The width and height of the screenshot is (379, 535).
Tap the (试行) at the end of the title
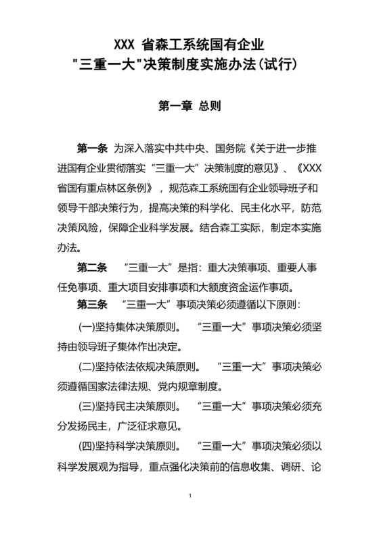point(278,66)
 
